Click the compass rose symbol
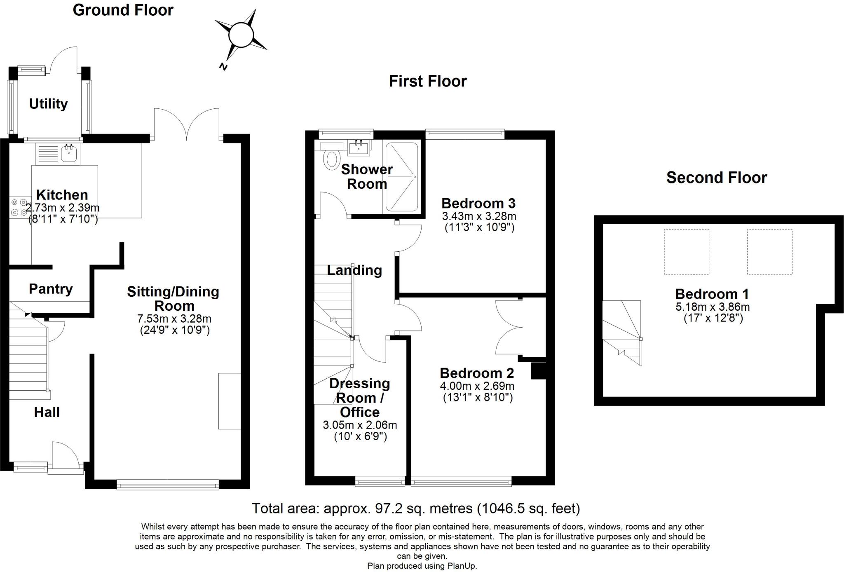coord(241,35)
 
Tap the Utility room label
coord(48,104)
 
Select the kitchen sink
coord(68,152)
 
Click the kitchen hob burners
coord(17,207)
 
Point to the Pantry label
coord(51,289)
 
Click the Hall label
coord(47,412)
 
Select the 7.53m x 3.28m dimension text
coord(174,319)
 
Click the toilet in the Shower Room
coord(332,159)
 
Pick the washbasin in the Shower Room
coord(358,148)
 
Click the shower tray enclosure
coord(401,177)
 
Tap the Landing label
coord(354,270)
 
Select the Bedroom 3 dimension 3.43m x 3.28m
coord(479,216)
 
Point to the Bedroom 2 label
coord(477,373)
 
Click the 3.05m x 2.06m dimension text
coord(360,425)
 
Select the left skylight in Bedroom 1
coord(686,252)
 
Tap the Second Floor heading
coord(716,178)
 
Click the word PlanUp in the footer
coord(461,566)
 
